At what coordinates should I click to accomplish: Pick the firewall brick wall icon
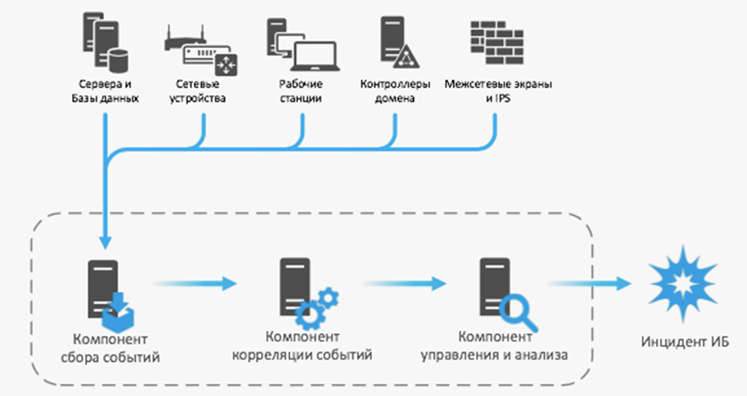[497, 41]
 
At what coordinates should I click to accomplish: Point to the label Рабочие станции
[301, 91]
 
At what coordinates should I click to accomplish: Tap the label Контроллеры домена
[397, 91]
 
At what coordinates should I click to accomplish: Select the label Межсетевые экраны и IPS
[499, 91]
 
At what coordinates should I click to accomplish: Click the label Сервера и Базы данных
[105, 91]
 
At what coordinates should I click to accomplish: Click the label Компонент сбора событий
[110, 350]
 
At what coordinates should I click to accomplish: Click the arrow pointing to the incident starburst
[596, 283]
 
